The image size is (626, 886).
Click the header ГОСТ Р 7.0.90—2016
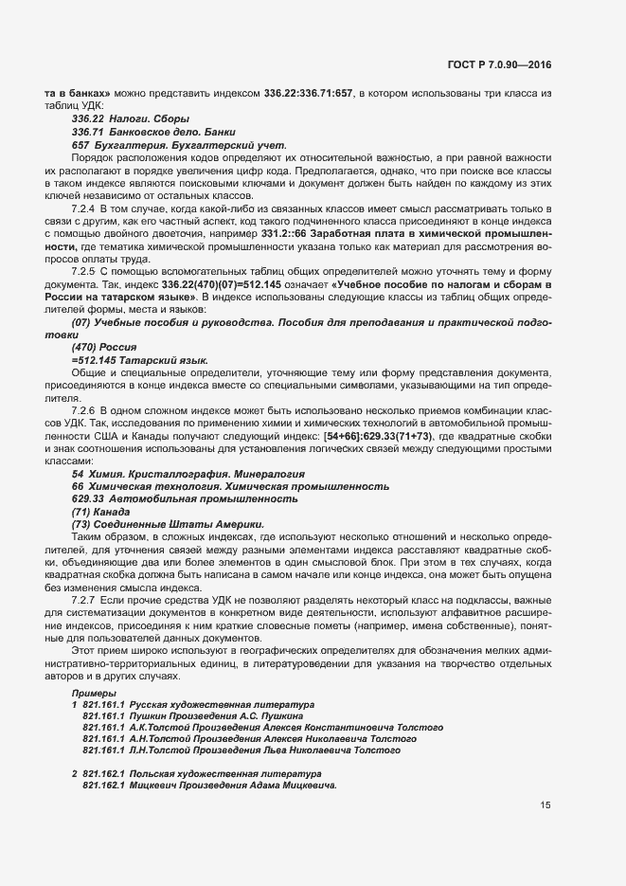coord(501,65)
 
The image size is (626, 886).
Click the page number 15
coord(546,806)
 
